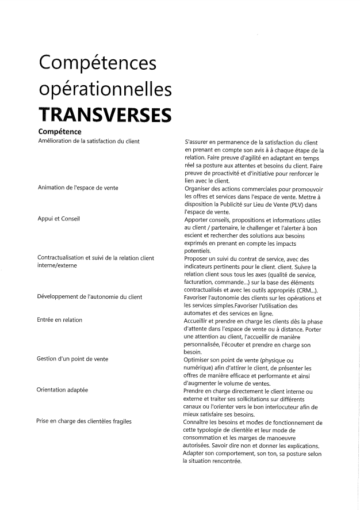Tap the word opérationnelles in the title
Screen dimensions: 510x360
pyautogui.click(x=105, y=89)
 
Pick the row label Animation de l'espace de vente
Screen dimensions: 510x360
pyautogui.click(x=78, y=188)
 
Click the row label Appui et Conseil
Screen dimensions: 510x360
pyautogui.click(x=58, y=219)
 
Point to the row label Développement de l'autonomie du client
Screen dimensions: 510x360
pyautogui.click(x=89, y=297)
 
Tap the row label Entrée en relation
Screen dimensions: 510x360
pyautogui.click(x=60, y=320)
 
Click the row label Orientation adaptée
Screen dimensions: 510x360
pyautogui.click(x=63, y=390)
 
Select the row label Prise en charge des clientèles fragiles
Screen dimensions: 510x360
pyautogui.click(x=85, y=421)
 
